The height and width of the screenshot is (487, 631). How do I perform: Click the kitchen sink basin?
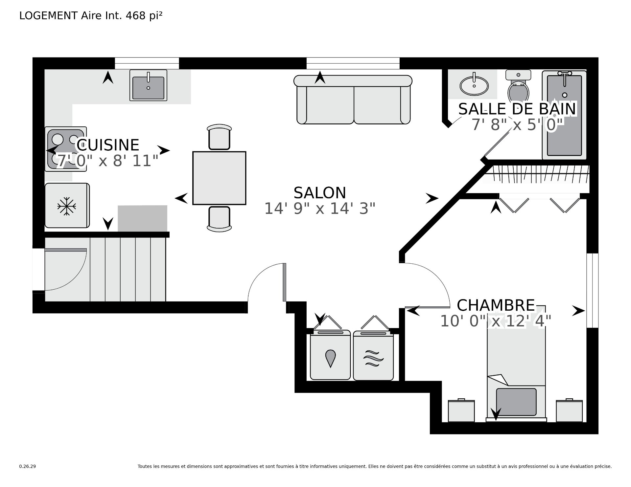[x=148, y=88]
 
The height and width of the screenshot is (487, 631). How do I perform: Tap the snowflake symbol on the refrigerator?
[x=67, y=206]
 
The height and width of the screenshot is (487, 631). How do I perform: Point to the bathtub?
[x=564, y=115]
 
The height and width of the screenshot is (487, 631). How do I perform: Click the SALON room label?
[x=320, y=193]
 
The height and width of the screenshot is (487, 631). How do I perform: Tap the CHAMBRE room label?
[x=496, y=305]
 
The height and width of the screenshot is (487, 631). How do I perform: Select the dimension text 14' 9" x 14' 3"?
[x=320, y=209]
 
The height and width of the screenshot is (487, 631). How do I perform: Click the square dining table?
[x=219, y=178]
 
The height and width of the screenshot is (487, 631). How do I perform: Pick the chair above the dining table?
[x=219, y=137]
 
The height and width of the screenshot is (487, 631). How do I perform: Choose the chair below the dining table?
[x=219, y=219]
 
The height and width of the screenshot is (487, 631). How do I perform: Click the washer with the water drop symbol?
[x=330, y=355]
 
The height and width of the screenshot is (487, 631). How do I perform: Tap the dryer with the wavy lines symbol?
[x=373, y=356]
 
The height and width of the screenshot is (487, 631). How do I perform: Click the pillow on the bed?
[x=516, y=402]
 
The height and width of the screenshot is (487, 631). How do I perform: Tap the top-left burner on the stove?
[x=58, y=139]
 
